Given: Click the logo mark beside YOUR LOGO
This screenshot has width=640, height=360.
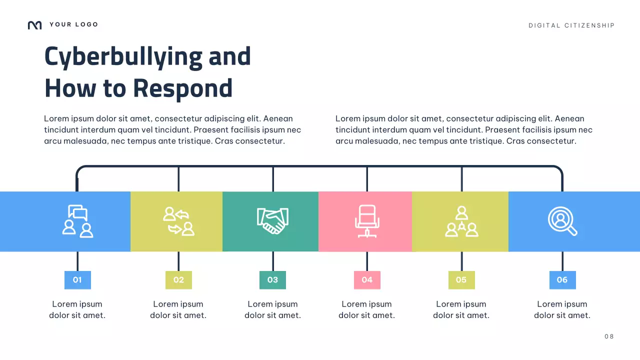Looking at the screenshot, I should pos(34,25).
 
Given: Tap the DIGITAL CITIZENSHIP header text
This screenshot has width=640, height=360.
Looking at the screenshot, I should pos(571,25).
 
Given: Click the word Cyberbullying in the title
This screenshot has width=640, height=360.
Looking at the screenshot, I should pos(123,56).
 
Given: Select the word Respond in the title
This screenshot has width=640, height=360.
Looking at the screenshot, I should pos(183,88).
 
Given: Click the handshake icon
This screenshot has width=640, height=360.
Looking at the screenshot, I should pos(272,221).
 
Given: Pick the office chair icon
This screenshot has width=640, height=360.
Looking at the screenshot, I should pos(366,221).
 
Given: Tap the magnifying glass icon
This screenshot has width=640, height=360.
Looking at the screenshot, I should pos(562,221).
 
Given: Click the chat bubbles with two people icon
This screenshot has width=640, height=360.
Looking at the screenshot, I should pos(77,221).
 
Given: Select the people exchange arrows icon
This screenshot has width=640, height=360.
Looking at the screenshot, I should pos(178,221).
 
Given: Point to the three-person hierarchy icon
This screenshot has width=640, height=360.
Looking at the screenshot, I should pos(461,221).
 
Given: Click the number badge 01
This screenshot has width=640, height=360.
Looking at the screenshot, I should pos(77,280).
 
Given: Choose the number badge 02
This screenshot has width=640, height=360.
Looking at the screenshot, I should pos(178,280).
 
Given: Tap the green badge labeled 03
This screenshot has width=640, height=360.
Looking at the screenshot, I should pos(272,280).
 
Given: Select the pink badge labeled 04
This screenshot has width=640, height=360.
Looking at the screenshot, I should pos(367,280).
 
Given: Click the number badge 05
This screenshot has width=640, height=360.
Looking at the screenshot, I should pos(461,280).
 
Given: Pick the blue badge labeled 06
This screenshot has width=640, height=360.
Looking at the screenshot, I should pos(562,280).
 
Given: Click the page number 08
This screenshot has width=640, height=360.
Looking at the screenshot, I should pos(609,336).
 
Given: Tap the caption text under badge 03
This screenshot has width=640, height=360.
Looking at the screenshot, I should pos(272,309).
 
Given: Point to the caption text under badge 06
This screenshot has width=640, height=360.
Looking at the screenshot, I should pos(562,309).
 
